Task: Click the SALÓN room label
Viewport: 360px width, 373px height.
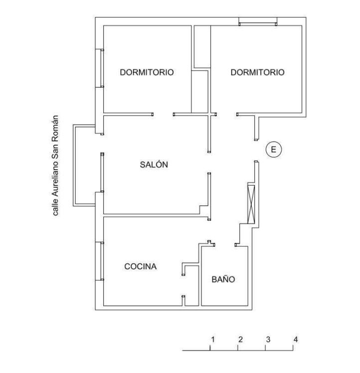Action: (154, 165)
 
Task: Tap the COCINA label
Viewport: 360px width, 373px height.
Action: (141, 266)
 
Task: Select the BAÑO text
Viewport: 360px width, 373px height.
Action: (223, 279)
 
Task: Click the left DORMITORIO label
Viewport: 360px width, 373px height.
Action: (147, 72)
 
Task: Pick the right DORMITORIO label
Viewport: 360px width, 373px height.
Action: (257, 72)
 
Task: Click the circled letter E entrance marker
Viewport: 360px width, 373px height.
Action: (274, 150)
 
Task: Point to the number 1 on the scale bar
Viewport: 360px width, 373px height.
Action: (213, 339)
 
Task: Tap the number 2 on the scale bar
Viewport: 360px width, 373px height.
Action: (240, 339)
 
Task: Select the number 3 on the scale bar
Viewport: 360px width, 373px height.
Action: (268, 339)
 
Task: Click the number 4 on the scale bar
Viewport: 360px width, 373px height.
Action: (296, 339)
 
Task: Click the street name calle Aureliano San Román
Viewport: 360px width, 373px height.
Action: (55, 166)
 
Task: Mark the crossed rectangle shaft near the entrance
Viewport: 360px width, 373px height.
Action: (251, 204)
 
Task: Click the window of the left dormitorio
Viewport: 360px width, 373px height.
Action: (99, 68)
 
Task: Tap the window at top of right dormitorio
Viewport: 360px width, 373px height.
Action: (258, 21)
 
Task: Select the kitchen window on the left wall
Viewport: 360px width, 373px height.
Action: (99, 261)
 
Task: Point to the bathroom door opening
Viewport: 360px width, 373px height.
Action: (225, 245)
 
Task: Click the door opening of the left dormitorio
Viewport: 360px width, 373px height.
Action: (163, 114)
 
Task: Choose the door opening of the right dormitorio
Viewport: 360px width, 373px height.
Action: (226, 114)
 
